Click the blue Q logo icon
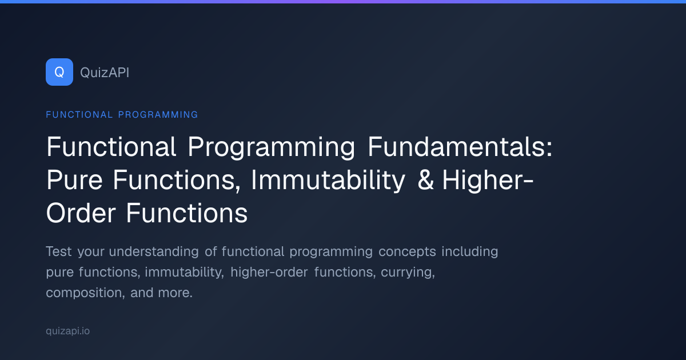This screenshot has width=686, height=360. [59, 72]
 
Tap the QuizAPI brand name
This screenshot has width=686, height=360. [105, 73]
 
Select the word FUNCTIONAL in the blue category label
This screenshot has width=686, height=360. [79, 114]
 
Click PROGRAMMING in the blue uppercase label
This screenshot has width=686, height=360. [158, 114]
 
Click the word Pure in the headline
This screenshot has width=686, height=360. [74, 180]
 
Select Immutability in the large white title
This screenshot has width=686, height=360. [328, 181]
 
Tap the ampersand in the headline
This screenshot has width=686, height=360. [426, 180]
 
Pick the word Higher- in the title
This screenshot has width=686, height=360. [488, 181]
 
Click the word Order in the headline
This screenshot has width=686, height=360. [81, 213]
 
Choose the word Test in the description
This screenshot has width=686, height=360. [59, 251]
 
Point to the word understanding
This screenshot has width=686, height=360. [154, 251]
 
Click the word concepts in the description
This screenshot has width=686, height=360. [407, 252]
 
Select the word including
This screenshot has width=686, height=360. [470, 251]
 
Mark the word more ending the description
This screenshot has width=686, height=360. [175, 293]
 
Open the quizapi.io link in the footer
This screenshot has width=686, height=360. [67, 331]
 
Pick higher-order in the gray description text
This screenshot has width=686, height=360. [269, 273]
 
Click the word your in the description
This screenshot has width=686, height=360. [91, 253]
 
